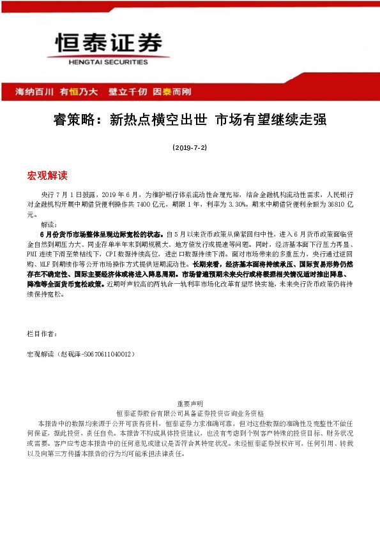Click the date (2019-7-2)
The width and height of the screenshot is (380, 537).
coord(190,147)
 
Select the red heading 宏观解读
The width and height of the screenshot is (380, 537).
coord(47,175)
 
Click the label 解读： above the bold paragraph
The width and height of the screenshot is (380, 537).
coord(49,224)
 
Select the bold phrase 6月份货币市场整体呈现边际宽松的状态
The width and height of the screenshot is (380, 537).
coord(102,234)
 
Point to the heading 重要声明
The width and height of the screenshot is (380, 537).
coord(190,404)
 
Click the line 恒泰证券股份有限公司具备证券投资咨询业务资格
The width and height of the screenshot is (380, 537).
coord(190,413)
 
